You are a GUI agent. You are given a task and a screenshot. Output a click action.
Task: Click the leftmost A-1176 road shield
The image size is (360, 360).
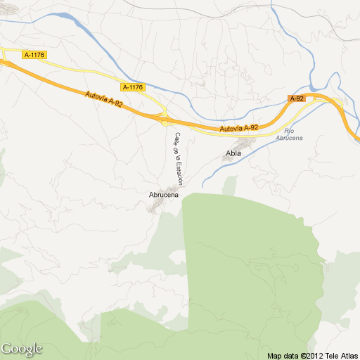click(33, 54)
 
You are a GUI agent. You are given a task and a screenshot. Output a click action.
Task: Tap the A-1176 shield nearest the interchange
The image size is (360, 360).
click(132, 87)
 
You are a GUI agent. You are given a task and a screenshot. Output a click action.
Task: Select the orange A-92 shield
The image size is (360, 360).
click(297, 99)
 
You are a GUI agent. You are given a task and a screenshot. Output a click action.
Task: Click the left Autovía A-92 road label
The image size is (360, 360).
click(103, 98)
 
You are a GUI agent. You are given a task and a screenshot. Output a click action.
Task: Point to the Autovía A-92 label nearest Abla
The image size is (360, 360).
click(238, 128)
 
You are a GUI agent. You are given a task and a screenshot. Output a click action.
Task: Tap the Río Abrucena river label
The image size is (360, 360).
click(289, 135)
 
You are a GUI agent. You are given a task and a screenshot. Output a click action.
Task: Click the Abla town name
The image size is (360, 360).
click(233, 153)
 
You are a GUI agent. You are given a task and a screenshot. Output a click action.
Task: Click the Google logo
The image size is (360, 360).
click(21, 348)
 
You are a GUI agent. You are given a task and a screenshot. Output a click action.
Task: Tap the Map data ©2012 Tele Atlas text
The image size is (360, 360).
click(313, 354)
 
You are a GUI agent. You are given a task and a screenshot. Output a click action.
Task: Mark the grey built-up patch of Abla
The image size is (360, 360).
click(229, 159)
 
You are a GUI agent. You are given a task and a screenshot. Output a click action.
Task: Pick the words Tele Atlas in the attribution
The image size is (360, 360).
click(342, 354)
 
